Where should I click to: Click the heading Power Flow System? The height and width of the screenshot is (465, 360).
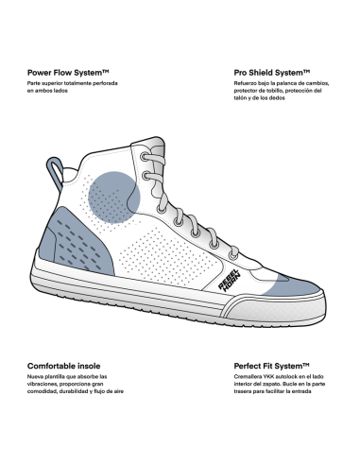pos(68,73)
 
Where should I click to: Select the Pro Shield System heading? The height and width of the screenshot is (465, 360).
pos(272,73)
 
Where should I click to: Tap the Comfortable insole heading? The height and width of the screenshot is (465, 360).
pos(64,366)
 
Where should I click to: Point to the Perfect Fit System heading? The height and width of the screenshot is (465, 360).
pos(271,366)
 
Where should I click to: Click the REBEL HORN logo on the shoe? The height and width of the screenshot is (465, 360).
pos(230,281)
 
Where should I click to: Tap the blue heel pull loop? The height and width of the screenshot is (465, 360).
pos(55,173)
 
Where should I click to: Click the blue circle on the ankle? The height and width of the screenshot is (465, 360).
pos(114,198)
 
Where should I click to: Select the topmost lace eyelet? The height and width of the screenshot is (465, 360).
pos(145,156)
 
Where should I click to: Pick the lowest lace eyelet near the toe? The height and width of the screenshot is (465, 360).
pos(233,255)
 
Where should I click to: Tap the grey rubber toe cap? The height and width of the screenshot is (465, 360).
pos(281,309)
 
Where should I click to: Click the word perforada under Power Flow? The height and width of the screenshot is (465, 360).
pos(106,83)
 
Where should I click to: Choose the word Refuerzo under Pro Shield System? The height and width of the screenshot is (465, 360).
pos(245,83)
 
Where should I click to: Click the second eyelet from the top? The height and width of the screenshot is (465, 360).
pos(146,175)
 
